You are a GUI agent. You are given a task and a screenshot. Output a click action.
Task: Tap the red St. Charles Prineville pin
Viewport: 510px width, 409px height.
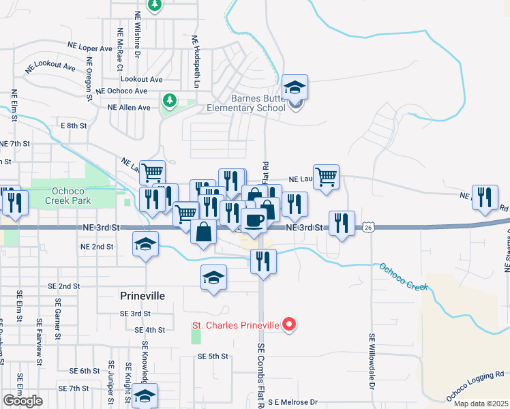(x=289, y=325)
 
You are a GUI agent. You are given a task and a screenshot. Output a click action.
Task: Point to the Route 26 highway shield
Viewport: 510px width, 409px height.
(x=368, y=227)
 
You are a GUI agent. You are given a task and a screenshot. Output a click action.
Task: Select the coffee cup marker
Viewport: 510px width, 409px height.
(x=254, y=220)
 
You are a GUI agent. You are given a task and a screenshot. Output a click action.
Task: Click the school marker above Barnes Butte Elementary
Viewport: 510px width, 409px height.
(x=295, y=87)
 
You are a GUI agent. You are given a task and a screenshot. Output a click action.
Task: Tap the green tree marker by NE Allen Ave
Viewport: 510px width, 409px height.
(x=169, y=102)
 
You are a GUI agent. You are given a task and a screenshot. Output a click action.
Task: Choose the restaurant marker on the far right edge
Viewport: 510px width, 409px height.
(x=485, y=198)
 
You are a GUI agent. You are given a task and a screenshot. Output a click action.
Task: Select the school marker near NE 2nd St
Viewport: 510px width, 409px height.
(x=145, y=244)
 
